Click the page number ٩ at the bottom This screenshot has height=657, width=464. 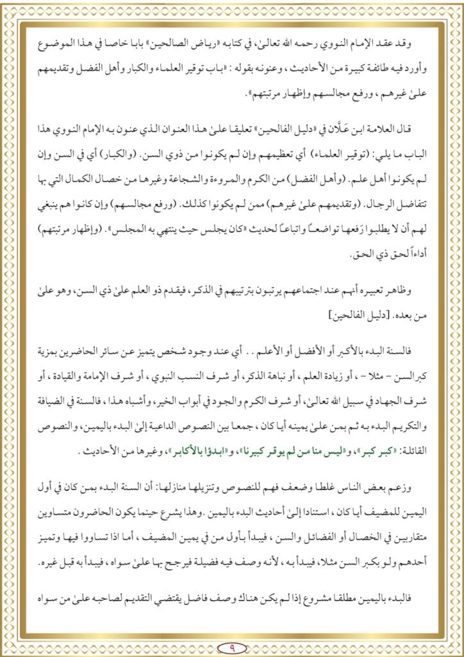click(x=232, y=645)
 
